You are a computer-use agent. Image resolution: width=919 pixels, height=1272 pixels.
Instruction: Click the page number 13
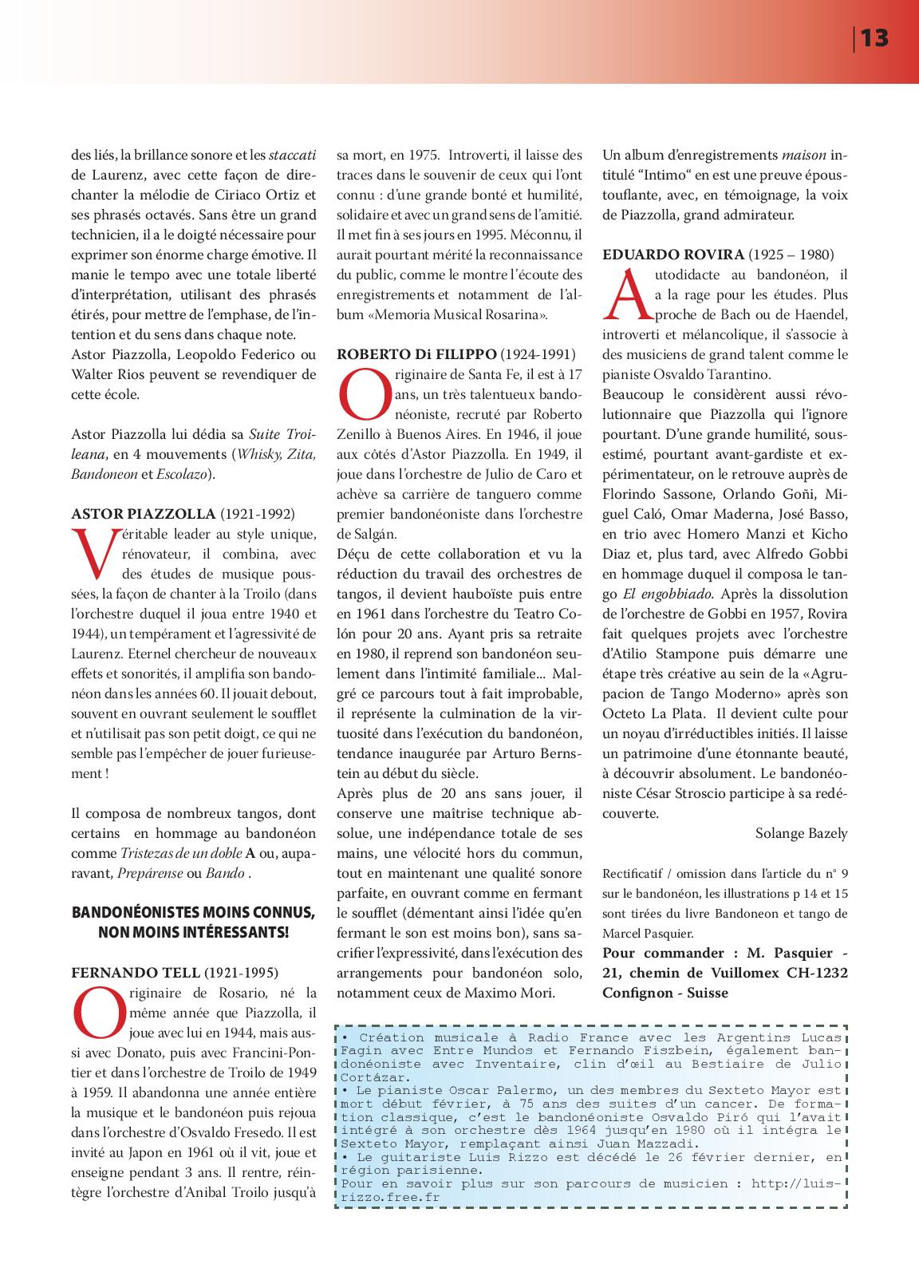click(874, 38)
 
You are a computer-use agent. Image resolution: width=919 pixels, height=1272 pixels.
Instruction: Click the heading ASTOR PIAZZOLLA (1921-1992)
click(183, 514)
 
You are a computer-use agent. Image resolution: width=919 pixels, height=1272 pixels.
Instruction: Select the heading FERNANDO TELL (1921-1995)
click(175, 973)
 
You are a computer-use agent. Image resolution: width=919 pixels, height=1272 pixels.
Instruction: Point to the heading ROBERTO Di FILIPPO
click(456, 354)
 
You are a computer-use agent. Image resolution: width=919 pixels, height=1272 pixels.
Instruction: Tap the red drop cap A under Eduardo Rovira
click(626, 293)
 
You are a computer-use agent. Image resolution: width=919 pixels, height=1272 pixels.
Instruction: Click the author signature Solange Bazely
click(801, 833)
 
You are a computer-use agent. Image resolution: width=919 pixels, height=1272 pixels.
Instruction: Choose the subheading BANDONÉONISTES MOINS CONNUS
click(193, 913)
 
